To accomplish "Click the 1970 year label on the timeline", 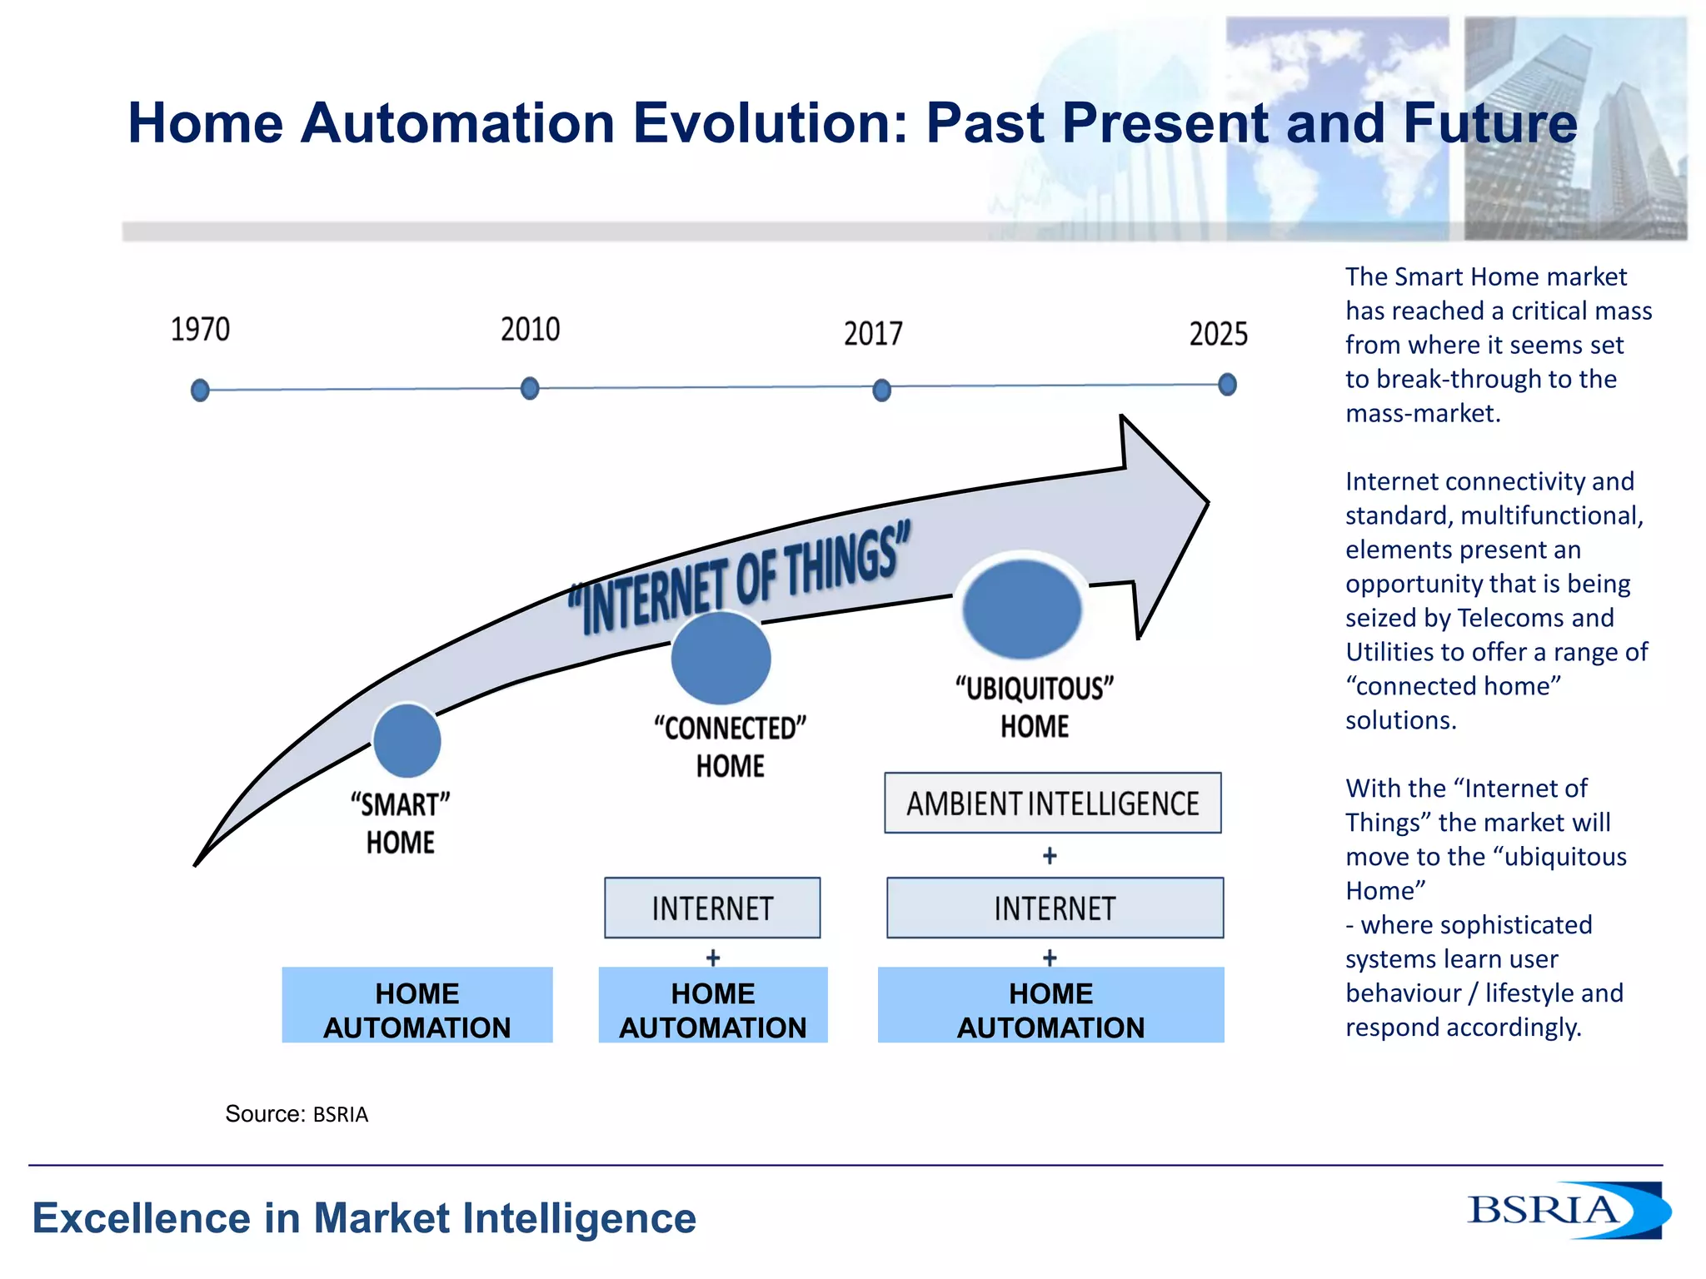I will (x=200, y=330).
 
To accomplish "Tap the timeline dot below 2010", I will (x=530, y=388).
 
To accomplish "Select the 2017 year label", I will (x=873, y=334).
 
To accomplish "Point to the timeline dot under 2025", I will (x=1227, y=385).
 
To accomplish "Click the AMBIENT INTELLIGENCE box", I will (x=1053, y=804).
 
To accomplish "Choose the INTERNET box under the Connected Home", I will (x=712, y=908).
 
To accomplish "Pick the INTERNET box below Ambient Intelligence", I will (x=1055, y=908).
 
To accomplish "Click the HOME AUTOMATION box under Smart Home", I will (x=417, y=1005).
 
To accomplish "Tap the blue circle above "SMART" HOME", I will (x=407, y=740).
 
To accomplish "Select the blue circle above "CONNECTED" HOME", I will (x=721, y=658).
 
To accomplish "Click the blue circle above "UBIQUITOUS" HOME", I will (x=1022, y=609).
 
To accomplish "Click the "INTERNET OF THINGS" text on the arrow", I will (x=740, y=577).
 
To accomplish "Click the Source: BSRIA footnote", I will (x=297, y=1114).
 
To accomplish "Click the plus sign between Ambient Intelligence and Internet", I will (x=1050, y=855).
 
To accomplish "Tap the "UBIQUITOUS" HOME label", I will (x=1035, y=707).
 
